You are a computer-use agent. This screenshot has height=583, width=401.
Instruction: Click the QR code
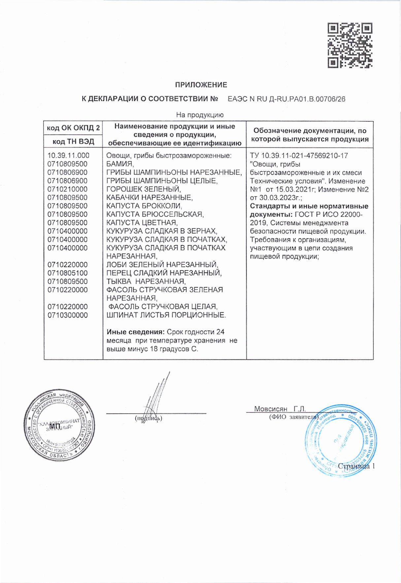click(350, 45)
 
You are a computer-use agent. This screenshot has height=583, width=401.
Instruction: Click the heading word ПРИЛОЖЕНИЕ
click(201, 85)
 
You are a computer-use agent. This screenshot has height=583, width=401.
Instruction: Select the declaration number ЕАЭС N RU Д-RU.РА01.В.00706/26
click(286, 99)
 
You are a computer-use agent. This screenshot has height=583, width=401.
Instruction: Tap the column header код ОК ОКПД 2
click(73, 128)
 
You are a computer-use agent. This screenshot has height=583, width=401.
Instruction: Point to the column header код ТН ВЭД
click(73, 142)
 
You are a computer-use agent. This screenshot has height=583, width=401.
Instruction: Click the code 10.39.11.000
click(68, 155)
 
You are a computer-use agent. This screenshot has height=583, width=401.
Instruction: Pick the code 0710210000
click(67, 189)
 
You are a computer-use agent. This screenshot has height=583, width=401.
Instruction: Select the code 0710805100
click(67, 273)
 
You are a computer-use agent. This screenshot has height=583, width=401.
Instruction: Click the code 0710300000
click(67, 315)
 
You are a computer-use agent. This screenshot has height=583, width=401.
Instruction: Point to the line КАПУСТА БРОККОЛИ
click(144, 206)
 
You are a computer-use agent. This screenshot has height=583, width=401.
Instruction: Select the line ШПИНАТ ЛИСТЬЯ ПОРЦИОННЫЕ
click(166, 315)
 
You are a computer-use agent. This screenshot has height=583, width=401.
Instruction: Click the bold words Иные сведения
click(135, 332)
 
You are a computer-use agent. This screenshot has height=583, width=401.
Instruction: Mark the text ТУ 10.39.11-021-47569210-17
click(299, 155)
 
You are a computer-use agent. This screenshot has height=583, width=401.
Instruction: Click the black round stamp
click(59, 425)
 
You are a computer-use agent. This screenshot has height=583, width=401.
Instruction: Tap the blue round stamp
click(341, 440)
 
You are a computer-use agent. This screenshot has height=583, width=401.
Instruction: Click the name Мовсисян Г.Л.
click(280, 409)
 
